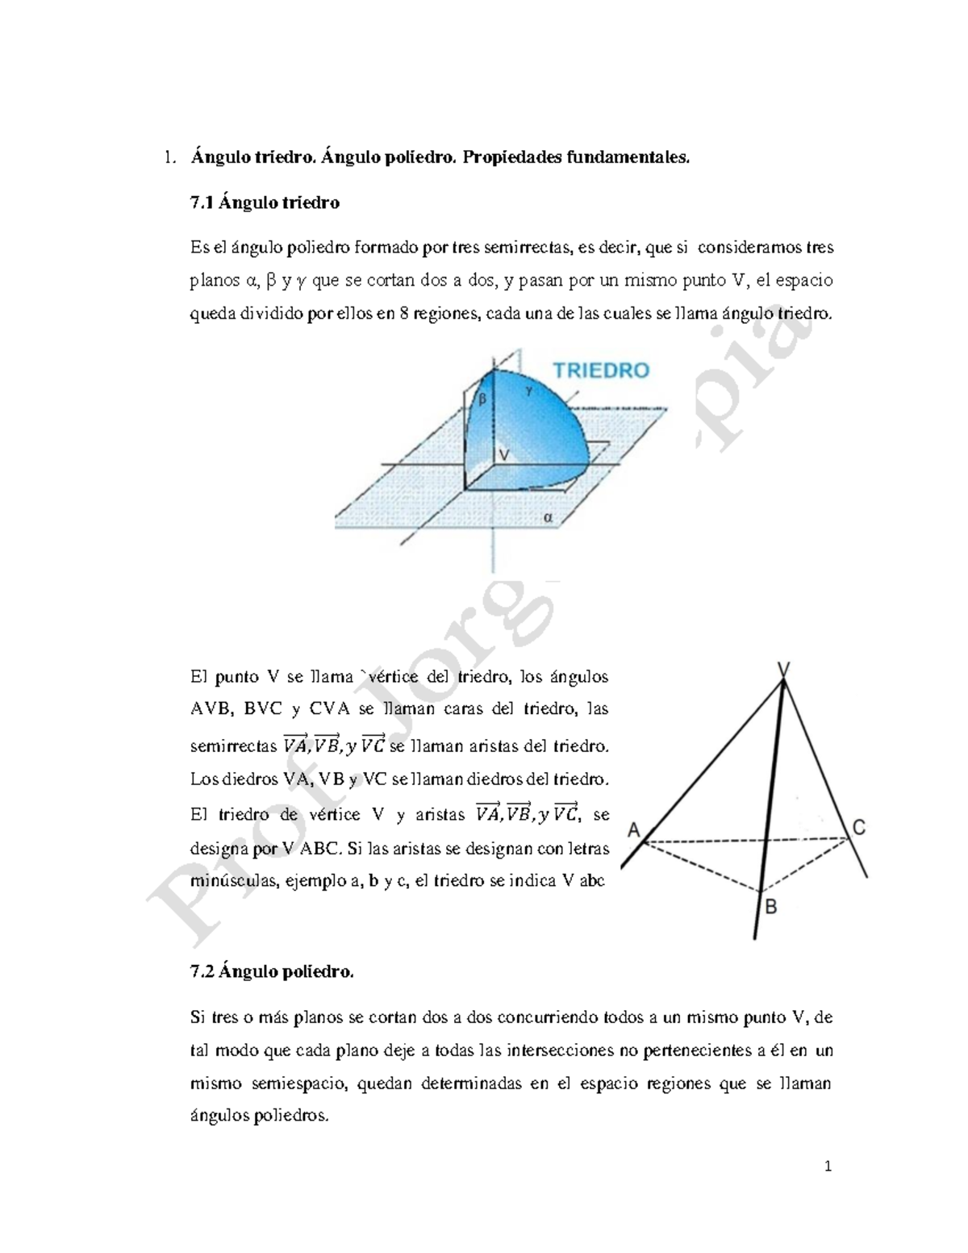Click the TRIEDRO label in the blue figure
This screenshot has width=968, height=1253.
coord(600,370)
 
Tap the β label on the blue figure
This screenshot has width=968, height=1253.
coord(482,399)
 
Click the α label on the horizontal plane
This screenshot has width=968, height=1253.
coord(549,518)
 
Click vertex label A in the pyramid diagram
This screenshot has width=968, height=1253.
coord(633,829)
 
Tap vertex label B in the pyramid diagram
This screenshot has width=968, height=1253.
coord(770,908)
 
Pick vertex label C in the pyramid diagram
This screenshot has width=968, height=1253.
coord(859,828)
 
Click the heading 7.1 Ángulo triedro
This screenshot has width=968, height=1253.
coord(265,203)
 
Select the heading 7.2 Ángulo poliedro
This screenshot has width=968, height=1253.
coord(272,972)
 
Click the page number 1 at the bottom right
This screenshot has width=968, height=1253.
coord(828,1167)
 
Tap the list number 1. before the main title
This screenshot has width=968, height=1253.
coord(168,157)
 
